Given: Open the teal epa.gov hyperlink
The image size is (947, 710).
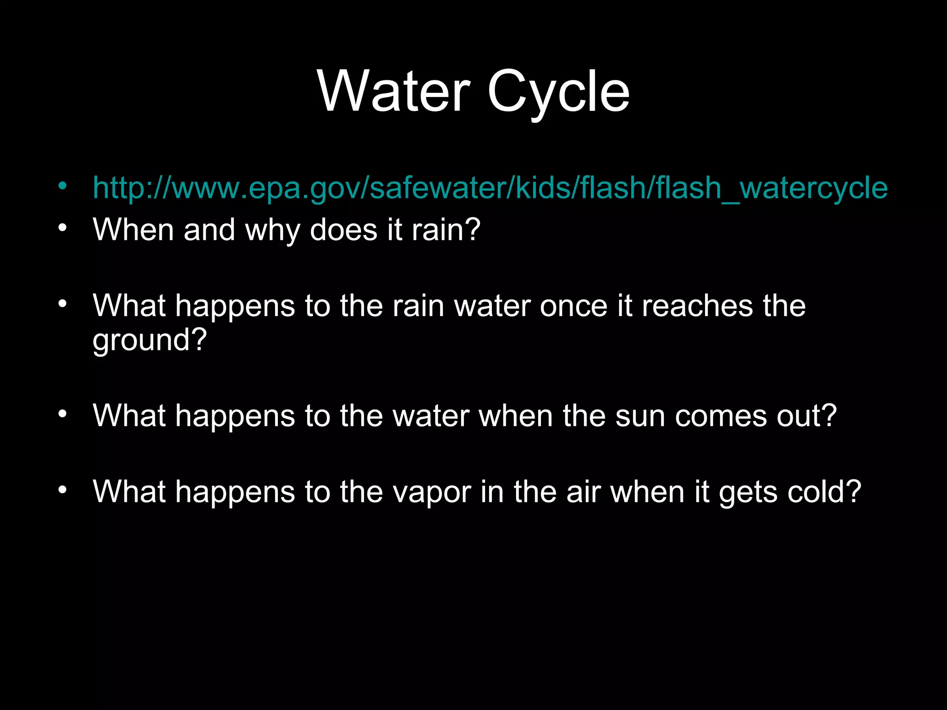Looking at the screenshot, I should pyautogui.click(x=490, y=188).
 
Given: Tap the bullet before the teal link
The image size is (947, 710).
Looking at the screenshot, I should pyautogui.click(x=63, y=186).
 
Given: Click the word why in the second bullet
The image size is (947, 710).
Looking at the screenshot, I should pyautogui.click(x=272, y=230).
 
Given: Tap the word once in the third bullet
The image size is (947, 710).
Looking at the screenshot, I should pyautogui.click(x=573, y=306).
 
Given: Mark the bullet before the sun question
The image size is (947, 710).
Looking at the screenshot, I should pyautogui.click(x=63, y=414).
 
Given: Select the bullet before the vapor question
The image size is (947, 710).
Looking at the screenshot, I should pyautogui.click(x=63, y=490).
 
